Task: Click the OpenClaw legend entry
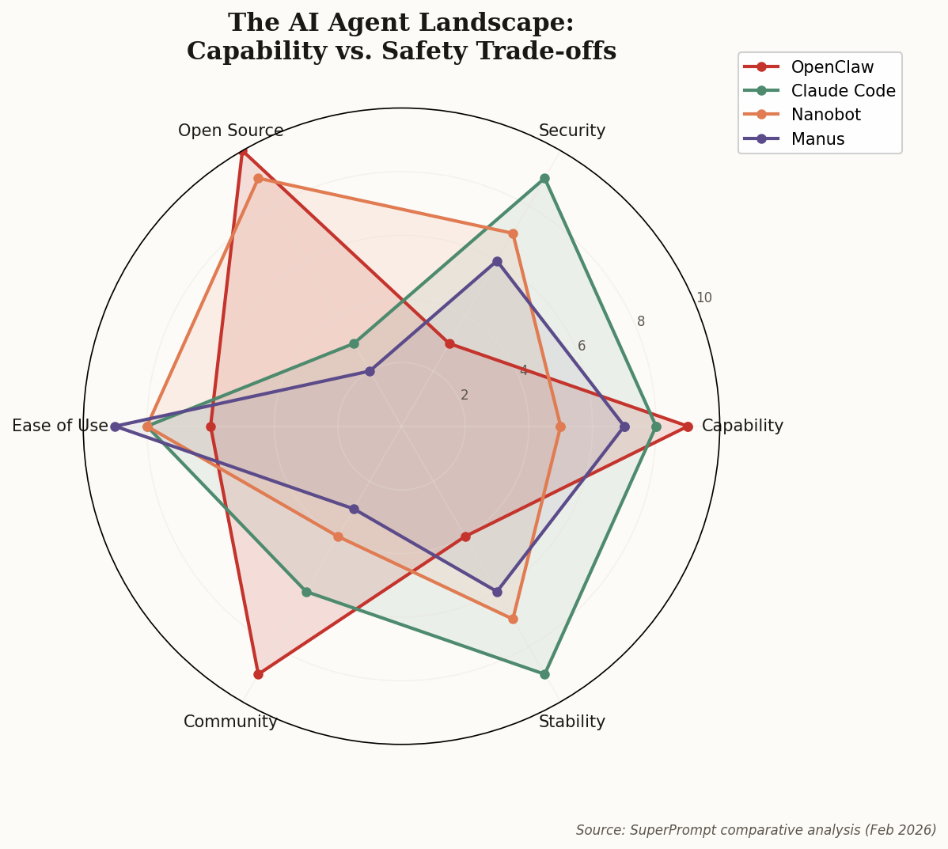tap(832, 67)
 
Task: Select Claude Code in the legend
tap(843, 91)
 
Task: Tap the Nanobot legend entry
tap(825, 115)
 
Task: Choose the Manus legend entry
tap(817, 139)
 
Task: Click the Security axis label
tap(571, 131)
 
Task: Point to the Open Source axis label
tap(230, 131)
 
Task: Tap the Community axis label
tap(230, 722)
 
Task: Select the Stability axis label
tap(571, 722)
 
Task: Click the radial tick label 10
tap(703, 298)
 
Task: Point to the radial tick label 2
tap(465, 395)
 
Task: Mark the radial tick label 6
tap(582, 346)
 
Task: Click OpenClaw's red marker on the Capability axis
tap(688, 426)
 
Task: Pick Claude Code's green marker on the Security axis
tap(544, 179)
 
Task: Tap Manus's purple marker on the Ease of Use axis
tap(116, 426)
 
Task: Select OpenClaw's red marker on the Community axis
tap(258, 674)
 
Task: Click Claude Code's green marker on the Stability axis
tap(544, 674)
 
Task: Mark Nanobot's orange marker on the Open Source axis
tap(258, 179)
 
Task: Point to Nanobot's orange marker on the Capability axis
tap(560, 426)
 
